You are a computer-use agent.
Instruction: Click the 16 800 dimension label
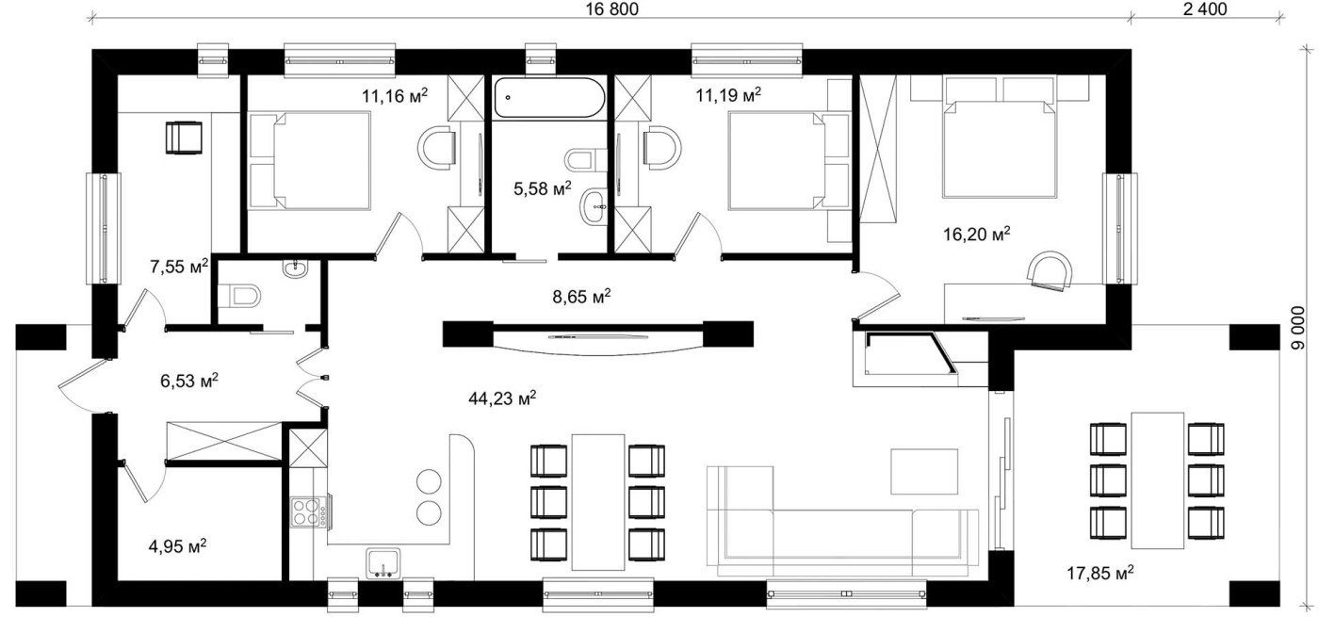611,8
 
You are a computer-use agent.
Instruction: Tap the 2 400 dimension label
1205,8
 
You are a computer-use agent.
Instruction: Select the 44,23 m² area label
502,398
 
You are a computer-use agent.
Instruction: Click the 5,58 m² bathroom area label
543,188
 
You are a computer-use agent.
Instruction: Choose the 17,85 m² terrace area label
1100,573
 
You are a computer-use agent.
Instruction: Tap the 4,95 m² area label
177,545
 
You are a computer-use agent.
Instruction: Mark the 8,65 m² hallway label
581,296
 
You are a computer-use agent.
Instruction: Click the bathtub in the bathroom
548,98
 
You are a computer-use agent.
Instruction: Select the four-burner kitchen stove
310,511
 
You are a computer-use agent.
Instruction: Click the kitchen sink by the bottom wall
383,563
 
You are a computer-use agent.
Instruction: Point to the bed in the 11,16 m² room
310,160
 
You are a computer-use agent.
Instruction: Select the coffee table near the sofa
924,472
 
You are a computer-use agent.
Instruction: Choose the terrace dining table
1158,480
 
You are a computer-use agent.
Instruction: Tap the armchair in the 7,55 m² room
184,138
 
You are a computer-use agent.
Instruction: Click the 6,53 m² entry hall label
189,381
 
